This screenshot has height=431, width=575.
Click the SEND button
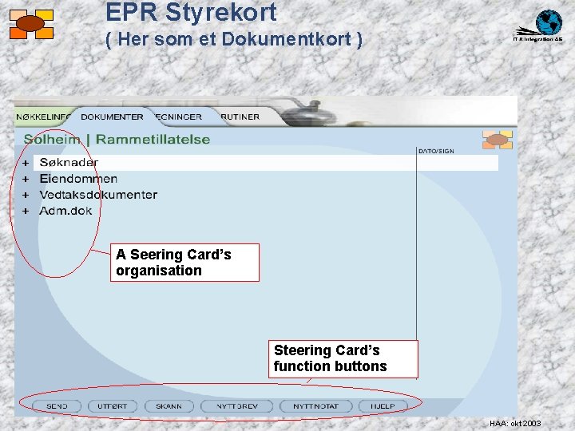(57, 406)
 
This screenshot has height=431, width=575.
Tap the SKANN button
(169, 406)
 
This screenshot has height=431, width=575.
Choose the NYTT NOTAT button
(315, 406)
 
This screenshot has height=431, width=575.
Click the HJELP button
(382, 406)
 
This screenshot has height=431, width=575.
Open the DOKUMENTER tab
(112, 117)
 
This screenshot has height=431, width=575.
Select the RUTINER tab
(240, 117)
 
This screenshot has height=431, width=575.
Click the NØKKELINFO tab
(44, 117)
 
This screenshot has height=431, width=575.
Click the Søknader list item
(69, 163)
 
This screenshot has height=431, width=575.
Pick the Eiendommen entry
(78, 179)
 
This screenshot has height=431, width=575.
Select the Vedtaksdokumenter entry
(98, 195)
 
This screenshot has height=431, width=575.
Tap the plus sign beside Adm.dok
(25, 212)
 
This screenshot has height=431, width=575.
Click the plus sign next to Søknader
(25, 163)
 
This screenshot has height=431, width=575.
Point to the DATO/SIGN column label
(436, 151)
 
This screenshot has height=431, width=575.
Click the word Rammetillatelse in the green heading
(153, 139)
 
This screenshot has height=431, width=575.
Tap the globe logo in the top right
(549, 22)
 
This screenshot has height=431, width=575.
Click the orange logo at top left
(31, 24)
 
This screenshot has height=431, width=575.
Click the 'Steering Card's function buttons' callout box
(343, 358)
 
